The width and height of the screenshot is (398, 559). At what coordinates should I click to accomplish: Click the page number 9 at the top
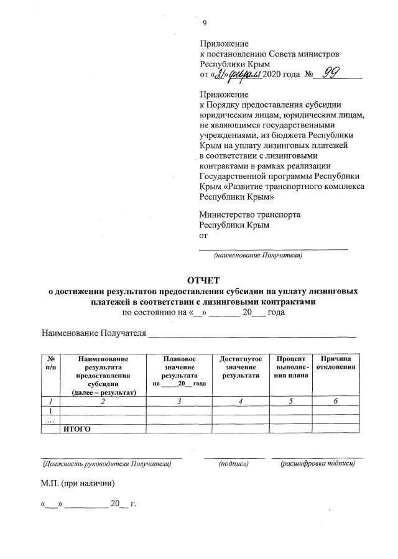(x=205, y=23)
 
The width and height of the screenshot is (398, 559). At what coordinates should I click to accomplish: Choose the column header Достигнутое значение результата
(x=241, y=367)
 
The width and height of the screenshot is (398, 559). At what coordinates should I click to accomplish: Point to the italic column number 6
(x=335, y=401)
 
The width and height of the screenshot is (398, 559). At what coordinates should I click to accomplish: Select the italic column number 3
(x=178, y=401)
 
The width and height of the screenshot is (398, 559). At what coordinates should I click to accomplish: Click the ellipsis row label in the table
(x=50, y=420)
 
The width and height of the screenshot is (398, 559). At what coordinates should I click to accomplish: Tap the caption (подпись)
(x=233, y=463)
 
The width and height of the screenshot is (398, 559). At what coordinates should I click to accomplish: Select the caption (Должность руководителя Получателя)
(x=106, y=463)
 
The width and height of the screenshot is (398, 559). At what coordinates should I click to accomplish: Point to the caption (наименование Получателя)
(x=258, y=255)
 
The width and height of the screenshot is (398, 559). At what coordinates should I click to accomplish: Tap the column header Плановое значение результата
(x=178, y=371)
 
